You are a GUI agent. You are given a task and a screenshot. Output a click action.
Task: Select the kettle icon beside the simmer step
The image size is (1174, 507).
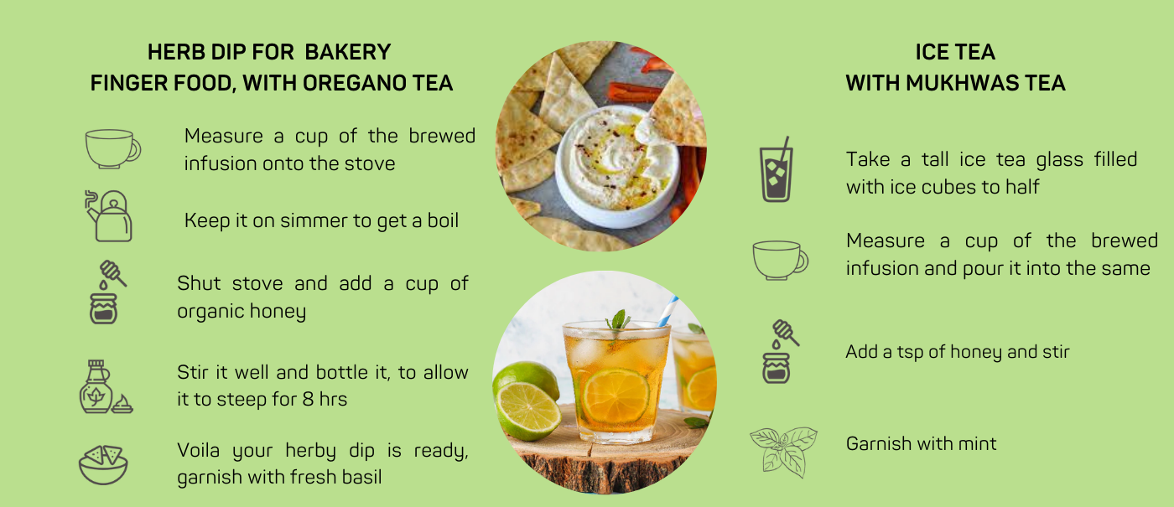click(x=109, y=216)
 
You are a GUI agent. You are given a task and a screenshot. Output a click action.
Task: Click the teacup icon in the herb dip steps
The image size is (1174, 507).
click(x=112, y=149)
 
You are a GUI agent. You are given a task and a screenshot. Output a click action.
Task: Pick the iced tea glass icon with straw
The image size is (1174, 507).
click(x=777, y=169)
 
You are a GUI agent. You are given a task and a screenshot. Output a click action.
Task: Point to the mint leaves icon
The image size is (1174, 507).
click(x=783, y=452)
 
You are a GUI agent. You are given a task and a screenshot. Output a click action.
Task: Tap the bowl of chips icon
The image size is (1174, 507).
click(x=103, y=464)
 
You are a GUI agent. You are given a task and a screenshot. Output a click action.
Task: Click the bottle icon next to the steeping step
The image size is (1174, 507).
click(x=105, y=386)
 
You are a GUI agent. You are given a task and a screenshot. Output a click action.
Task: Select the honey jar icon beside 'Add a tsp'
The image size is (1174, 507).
click(x=780, y=351)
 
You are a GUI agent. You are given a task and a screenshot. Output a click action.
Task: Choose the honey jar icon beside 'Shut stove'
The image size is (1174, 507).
click(x=107, y=292)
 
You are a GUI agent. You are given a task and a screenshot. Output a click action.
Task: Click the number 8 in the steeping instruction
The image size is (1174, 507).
click(x=309, y=399)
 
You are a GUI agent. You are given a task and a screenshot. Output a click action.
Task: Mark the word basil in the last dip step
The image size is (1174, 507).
click(x=361, y=477)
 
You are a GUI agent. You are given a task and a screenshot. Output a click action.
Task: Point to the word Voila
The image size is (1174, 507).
click(x=198, y=450)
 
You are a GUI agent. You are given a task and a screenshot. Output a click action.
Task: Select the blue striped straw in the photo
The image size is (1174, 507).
click(x=668, y=311)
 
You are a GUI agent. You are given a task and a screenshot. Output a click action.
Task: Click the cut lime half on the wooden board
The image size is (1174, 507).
click(x=528, y=411)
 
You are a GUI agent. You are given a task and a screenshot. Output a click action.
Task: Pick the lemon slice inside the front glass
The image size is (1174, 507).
click(x=616, y=396)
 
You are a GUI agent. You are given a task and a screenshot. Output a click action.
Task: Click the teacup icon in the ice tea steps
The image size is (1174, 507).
click(x=780, y=261)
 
